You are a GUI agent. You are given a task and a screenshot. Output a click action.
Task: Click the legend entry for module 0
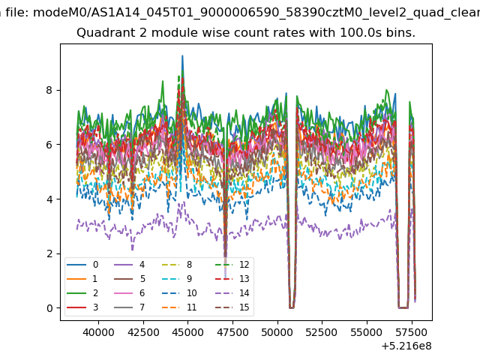click(82, 265)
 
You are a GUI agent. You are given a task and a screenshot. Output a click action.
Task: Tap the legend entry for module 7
click(130, 307)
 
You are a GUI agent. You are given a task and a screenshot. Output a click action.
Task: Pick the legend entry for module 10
click(179, 293)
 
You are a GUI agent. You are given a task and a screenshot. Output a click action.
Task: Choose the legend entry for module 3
click(82, 307)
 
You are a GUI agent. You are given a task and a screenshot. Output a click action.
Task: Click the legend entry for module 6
click(130, 293)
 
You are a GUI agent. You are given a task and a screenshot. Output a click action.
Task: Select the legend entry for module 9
click(177, 278)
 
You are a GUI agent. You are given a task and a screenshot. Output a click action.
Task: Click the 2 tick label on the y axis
click(49, 253)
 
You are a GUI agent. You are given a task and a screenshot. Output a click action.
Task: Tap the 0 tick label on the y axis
click(49, 308)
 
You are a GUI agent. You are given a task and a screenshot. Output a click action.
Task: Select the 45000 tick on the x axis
click(188, 322)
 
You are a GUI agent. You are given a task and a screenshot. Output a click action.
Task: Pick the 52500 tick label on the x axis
click(322, 332)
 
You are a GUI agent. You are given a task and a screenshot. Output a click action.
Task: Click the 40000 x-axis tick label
click(98, 332)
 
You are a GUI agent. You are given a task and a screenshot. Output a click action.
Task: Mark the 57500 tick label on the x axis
click(412, 332)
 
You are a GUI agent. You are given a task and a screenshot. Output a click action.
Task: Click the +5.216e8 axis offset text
click(406, 346)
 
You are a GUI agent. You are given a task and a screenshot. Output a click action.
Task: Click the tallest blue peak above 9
click(182, 56)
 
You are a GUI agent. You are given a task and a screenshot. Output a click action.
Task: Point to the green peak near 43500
click(163, 81)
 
